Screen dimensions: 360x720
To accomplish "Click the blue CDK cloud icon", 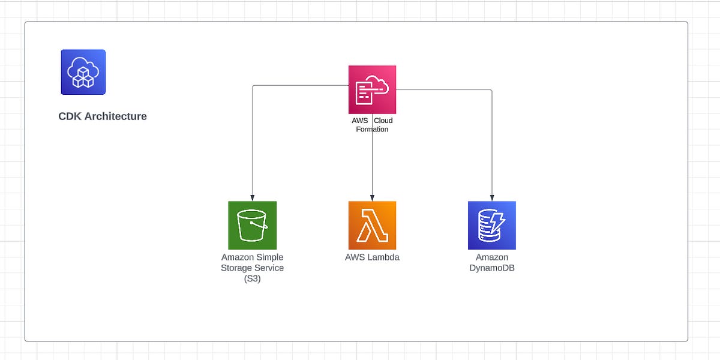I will pos(83,72).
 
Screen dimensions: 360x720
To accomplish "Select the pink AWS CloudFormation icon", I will pos(372,89).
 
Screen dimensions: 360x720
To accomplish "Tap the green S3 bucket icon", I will pos(252,225).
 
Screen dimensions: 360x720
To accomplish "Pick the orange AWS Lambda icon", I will pos(372,225).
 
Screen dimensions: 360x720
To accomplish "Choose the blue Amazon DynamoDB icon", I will pos(492,225).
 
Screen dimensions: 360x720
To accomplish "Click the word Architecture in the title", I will pos(115,116).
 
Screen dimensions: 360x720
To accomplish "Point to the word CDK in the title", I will pos(70,116).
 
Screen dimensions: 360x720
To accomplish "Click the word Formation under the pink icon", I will pos(372,129).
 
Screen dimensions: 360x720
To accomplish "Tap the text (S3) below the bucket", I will pos(252,278).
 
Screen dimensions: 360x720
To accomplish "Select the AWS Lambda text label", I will pos(372,257).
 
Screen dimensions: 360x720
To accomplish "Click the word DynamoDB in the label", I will pos(492,268).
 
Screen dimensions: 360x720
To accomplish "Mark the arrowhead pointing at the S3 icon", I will pos(252,198).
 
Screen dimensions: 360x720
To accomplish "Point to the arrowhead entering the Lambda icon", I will pos(372,198).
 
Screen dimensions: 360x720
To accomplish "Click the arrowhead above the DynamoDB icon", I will pos(492,198).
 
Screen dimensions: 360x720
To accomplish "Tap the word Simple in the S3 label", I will pos(269,257).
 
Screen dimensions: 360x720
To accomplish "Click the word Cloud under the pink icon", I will pos(383,121).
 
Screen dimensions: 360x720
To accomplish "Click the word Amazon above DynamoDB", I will pos(492,257).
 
